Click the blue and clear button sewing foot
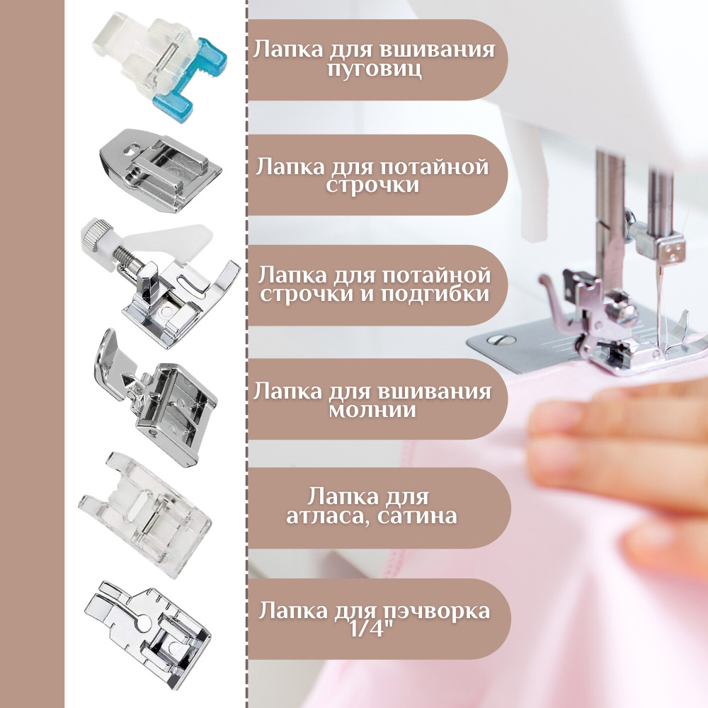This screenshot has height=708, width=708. pyautogui.click(x=160, y=65)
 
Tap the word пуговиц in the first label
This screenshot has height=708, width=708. pyautogui.click(x=375, y=69)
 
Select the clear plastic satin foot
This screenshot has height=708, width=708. pyautogui.click(x=145, y=515)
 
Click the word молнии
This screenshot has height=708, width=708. pyautogui.click(x=372, y=410)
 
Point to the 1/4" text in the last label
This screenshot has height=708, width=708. pyautogui.click(x=373, y=628)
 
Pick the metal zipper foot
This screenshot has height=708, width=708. pyautogui.click(x=156, y=397)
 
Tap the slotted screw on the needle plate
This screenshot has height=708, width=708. pyautogui.click(x=501, y=340)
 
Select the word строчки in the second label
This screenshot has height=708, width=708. pyautogui.click(x=372, y=185)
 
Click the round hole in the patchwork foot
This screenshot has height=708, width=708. pyautogui.click(x=145, y=624)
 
